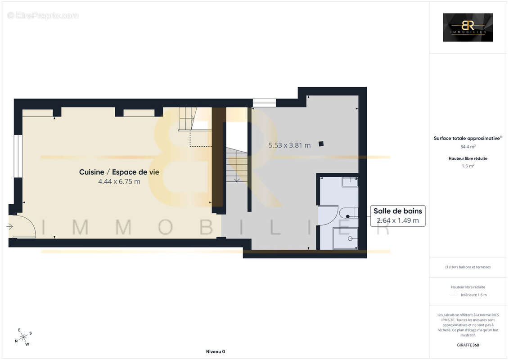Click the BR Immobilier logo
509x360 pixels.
(468, 27)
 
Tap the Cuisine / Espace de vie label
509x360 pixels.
(119, 172)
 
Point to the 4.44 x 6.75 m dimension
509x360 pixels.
(119, 181)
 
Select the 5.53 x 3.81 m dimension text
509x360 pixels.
(289, 145)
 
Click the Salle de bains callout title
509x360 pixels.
(398, 211)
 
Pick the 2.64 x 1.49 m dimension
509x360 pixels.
(398, 220)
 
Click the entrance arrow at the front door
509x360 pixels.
(10, 227)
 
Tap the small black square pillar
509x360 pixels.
(321, 144)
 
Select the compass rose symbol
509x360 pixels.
(23, 337)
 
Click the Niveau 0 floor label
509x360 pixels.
(215, 351)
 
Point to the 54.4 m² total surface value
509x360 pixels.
(468, 147)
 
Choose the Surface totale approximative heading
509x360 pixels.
(468, 138)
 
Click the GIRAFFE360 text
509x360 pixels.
(468, 345)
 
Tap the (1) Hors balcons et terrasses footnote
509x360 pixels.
(468, 267)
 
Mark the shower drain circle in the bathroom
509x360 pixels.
(350, 238)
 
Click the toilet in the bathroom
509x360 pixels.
(348, 213)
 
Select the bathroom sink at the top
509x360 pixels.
(350, 182)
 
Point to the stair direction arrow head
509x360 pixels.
(237, 180)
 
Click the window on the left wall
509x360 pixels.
(18, 156)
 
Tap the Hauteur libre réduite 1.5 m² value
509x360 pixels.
(468, 166)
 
